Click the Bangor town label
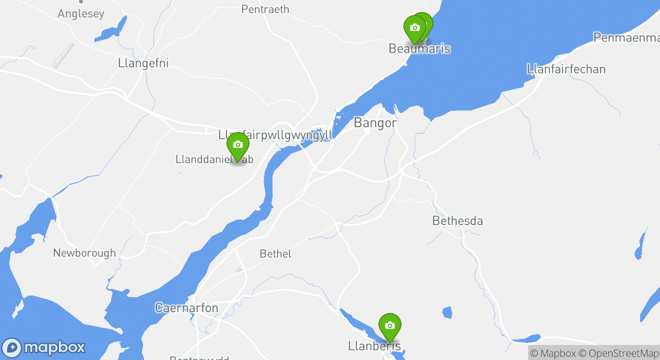(375, 122)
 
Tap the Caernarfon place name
(186, 307)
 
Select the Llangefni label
(143, 63)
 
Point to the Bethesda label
(457, 220)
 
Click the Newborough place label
(84, 253)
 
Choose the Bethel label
(275, 254)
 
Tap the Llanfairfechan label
(566, 69)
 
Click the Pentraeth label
(265, 9)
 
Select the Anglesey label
(81, 13)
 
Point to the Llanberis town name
(374, 346)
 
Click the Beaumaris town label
(419, 48)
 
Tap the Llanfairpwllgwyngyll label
(275, 135)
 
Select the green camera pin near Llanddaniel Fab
(238, 145)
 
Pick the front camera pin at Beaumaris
(414, 28)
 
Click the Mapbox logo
(43, 347)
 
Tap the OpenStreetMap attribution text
(623, 353)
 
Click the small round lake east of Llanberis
(447, 312)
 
